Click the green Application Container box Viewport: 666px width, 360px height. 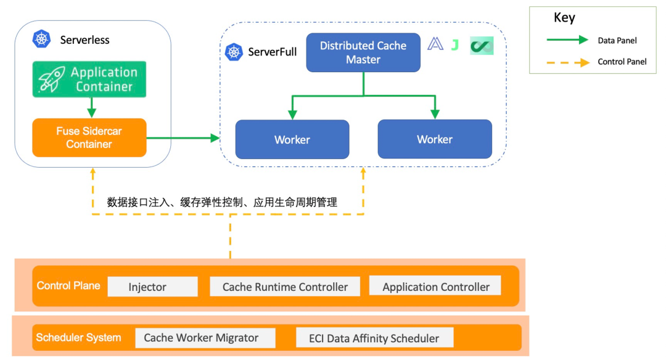pos(89,80)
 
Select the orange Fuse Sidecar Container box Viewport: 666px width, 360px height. pos(89,137)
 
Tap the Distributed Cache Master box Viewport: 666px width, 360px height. pos(363,52)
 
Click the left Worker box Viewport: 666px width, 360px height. pos(292,139)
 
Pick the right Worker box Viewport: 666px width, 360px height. pos(435,139)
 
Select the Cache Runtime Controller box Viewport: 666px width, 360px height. pos(285,287)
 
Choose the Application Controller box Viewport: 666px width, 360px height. pos(435,287)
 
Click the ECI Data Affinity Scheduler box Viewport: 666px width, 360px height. pos(375,338)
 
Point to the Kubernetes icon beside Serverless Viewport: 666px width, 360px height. pos(42,39)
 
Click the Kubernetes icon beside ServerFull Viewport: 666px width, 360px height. pos(234,52)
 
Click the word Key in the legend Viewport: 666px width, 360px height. pos(564,18)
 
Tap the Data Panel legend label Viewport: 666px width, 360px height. pos(617,41)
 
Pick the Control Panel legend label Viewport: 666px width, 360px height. pos(622,62)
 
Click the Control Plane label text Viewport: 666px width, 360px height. pos(68,285)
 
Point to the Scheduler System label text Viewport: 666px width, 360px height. pos(78,337)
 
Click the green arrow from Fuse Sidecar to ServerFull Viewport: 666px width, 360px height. pos(183,138)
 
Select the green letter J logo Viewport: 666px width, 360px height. pos(455,44)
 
